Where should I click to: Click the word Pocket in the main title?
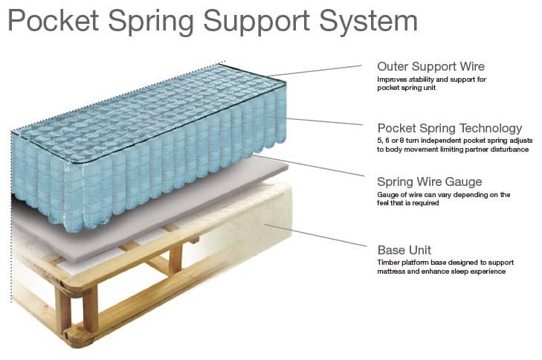(54, 21)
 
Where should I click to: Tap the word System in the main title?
(368, 22)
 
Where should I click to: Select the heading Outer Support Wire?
(430, 66)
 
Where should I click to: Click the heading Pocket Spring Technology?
(450, 128)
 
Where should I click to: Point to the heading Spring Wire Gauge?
(429, 182)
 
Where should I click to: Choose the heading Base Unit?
(404, 250)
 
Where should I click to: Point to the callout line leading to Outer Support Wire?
(314, 70)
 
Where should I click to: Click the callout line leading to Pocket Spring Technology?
(324, 121)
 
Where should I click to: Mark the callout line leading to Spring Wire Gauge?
(309, 166)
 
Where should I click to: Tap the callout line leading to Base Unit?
(315, 235)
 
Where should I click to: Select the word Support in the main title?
(257, 22)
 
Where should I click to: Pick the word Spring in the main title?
(151, 22)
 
